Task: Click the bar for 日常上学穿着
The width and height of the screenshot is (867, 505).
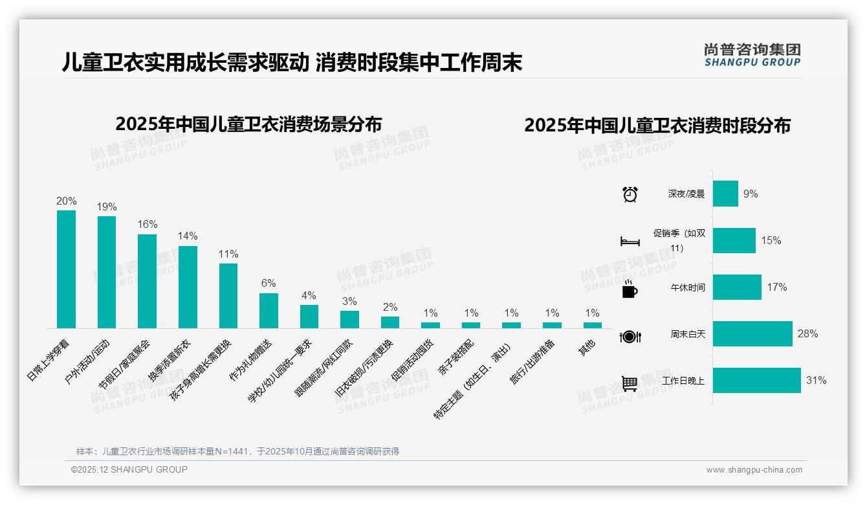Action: pyautogui.click(x=66, y=269)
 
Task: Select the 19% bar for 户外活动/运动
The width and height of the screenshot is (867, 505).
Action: pyautogui.click(x=107, y=272)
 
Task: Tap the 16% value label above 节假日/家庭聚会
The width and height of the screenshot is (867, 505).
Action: pyautogui.click(x=148, y=224)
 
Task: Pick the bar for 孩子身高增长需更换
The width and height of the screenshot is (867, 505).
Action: pyautogui.click(x=228, y=296)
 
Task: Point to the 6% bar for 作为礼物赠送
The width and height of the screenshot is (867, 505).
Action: pyautogui.click(x=269, y=311)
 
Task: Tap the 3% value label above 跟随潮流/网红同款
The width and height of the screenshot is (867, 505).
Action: pyautogui.click(x=349, y=301)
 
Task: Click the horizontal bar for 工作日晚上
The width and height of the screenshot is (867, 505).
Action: pyautogui.click(x=756, y=381)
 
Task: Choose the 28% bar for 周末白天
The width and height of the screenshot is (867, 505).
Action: pyautogui.click(x=752, y=334)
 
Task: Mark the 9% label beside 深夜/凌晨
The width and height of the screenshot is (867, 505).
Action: pyautogui.click(x=751, y=194)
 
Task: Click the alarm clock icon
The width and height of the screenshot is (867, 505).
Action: pyautogui.click(x=630, y=194)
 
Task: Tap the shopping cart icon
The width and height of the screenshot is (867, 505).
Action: pyautogui.click(x=630, y=383)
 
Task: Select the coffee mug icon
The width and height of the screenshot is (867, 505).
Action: pyautogui.click(x=630, y=289)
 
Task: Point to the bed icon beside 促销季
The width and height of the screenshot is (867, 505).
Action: pyautogui.click(x=630, y=241)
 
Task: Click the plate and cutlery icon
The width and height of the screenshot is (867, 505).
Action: pyautogui.click(x=630, y=337)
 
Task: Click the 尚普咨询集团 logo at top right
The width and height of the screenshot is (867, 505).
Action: pyautogui.click(x=752, y=54)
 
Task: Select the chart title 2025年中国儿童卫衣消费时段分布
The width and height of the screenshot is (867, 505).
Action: pyautogui.click(x=657, y=126)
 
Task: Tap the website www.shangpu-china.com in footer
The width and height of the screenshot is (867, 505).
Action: pyautogui.click(x=754, y=470)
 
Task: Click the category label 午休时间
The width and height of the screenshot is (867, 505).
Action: pyautogui.click(x=688, y=287)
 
